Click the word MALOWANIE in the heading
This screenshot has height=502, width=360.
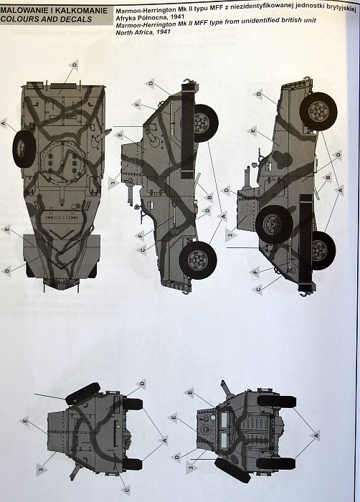click(24, 10)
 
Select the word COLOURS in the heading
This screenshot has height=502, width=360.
click(19, 19)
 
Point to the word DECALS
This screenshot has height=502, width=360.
click(75, 19)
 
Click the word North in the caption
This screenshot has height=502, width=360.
click(124, 32)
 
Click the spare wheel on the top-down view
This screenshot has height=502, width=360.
click(24, 149)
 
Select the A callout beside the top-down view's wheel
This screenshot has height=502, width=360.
click(4, 123)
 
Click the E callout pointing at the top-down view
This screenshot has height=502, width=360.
click(6, 229)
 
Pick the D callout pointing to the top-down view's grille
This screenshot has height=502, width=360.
click(74, 65)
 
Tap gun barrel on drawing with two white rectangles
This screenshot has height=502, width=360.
click(227, 389)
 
